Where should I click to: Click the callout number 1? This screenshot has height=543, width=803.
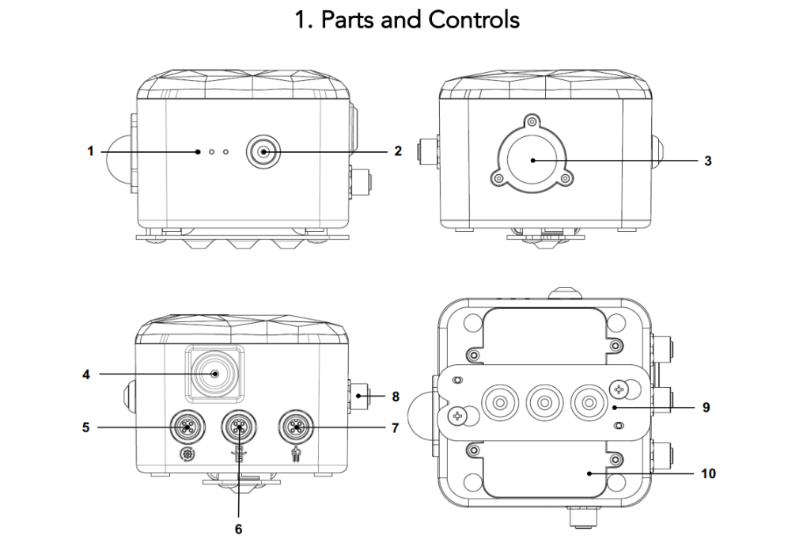[x=91, y=150]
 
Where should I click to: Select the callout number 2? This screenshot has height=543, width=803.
[x=397, y=150]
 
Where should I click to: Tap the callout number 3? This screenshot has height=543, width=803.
[x=708, y=160]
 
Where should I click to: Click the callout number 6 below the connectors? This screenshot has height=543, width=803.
[x=237, y=527]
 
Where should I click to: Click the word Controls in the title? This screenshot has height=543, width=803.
[x=474, y=19]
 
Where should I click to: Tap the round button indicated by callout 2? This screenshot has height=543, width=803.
[x=262, y=150]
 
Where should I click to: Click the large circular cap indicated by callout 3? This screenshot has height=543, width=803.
[x=532, y=159]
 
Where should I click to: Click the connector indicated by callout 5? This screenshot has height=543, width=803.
[x=187, y=427]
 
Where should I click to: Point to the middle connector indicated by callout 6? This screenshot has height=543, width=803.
[x=238, y=427]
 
